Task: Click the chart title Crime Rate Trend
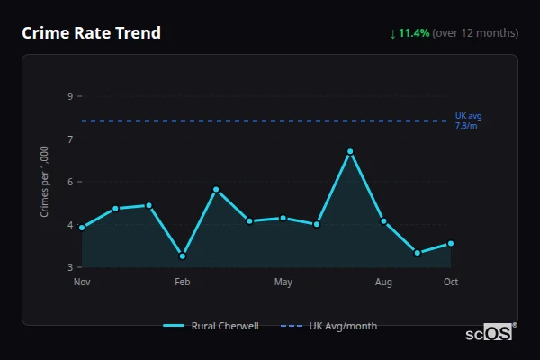click(x=91, y=33)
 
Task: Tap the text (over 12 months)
click(x=475, y=33)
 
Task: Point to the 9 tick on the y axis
click(x=70, y=95)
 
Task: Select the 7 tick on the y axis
click(x=70, y=139)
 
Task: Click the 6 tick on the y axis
click(x=70, y=182)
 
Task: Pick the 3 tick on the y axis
click(x=70, y=267)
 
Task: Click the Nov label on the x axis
click(x=82, y=283)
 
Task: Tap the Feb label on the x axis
click(x=183, y=283)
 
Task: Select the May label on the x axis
click(x=283, y=283)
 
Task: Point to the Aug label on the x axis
click(x=383, y=283)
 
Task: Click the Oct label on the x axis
click(x=451, y=283)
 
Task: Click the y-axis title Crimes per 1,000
click(x=44, y=182)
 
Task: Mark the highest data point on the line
click(x=350, y=151)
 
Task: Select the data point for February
click(x=183, y=256)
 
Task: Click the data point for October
click(x=451, y=243)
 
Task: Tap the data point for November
click(x=82, y=228)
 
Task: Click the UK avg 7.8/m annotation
click(x=468, y=121)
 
